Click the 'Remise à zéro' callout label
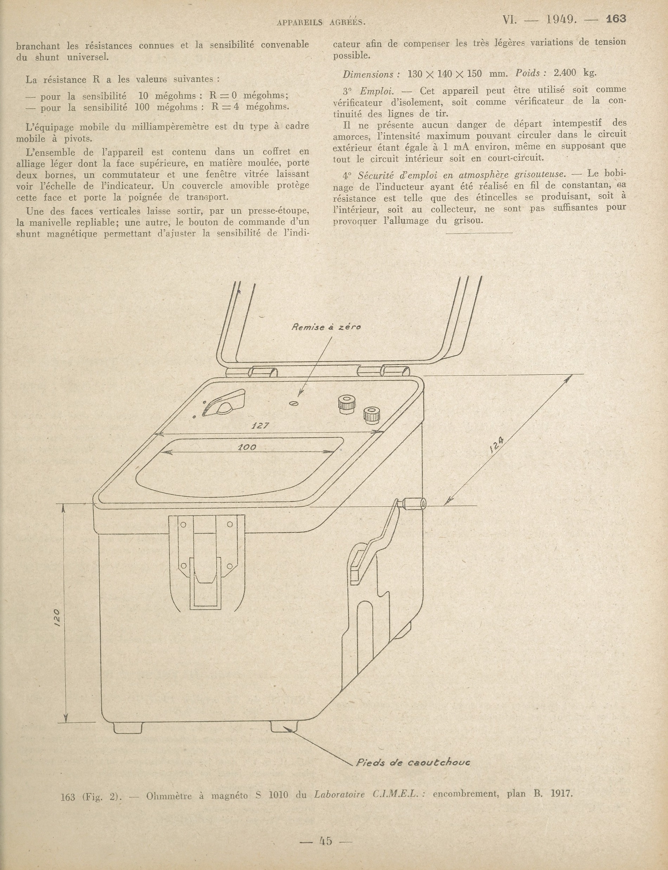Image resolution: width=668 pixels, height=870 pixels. pos(326,327)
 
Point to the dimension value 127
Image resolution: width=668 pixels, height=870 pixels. pos(260,426)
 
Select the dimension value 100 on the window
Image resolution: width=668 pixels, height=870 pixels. pos(247,447)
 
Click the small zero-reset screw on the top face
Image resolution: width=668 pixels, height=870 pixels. pos(294,404)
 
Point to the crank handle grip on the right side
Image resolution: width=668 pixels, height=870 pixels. pos(414,504)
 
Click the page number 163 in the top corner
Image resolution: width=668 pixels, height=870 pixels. pos(616,19)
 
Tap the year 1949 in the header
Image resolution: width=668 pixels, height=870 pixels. pos(562,19)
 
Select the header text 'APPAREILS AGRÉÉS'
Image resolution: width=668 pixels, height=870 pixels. pos(321,22)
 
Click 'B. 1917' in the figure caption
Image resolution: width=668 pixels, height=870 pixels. pos(553,794)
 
